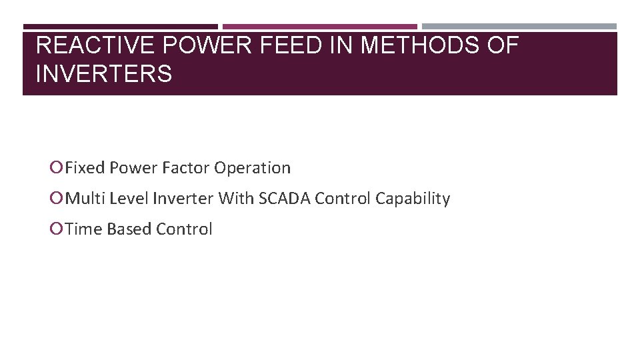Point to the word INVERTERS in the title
[x=104, y=73]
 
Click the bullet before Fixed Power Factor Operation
[x=56, y=168]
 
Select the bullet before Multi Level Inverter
[x=56, y=199]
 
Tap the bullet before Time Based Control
[x=56, y=229]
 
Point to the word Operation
[x=252, y=168]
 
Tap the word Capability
[x=413, y=199]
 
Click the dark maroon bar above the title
[x=120, y=27]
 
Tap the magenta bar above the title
[x=320, y=27]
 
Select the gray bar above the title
[x=519, y=27]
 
